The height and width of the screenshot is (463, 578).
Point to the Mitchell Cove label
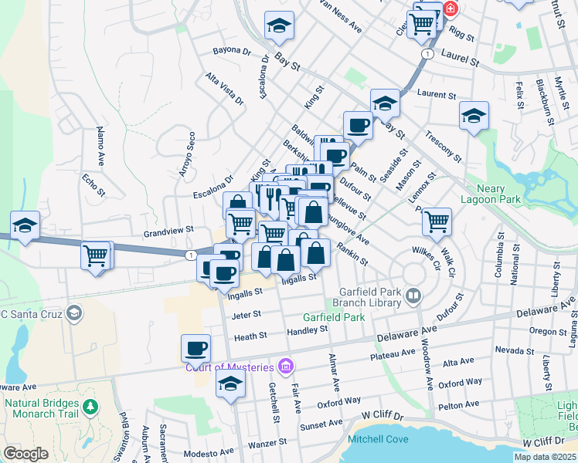(x=378, y=439)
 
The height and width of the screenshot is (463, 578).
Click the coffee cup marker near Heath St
(x=195, y=348)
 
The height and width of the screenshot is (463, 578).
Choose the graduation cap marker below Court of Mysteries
(x=230, y=384)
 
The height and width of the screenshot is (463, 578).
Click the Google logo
(x=26, y=454)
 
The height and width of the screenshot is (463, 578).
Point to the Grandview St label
(x=168, y=231)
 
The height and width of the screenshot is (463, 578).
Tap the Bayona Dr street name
(x=232, y=51)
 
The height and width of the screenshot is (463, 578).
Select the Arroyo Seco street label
(x=185, y=154)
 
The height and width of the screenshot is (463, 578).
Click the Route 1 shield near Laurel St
(x=426, y=53)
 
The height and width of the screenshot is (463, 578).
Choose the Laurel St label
(x=461, y=56)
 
